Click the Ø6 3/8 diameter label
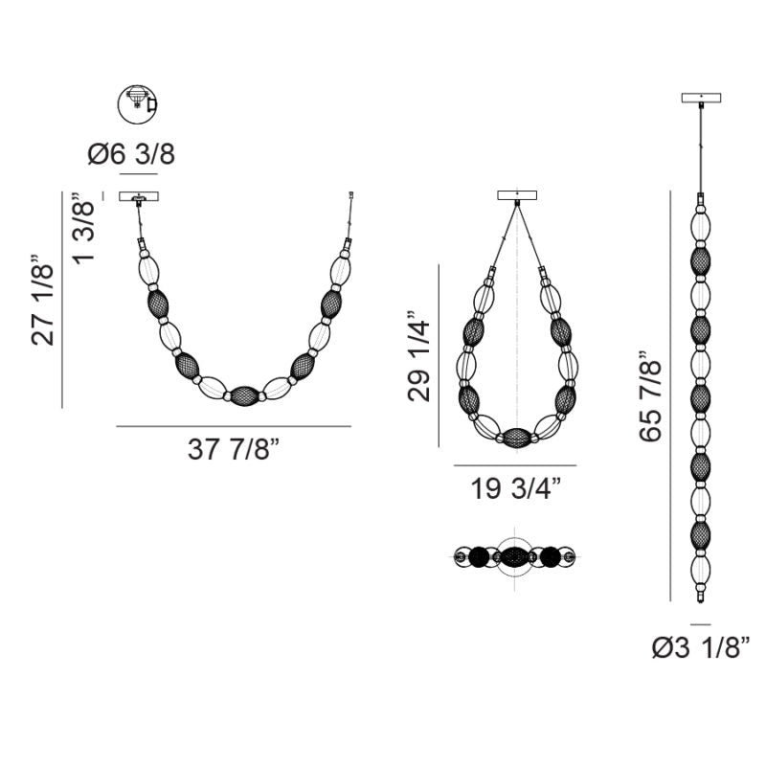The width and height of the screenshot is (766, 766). coord(131,154)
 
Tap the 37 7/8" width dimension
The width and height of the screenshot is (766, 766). coord(234,449)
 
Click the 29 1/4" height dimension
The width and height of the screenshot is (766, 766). coord(419,355)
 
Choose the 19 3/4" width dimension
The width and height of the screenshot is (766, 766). coord(515,488)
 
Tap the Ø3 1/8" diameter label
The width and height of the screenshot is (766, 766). coord(701,647)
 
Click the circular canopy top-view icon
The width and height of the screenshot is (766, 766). coord(137,104)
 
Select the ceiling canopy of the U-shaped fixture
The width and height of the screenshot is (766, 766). coord(139,196)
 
